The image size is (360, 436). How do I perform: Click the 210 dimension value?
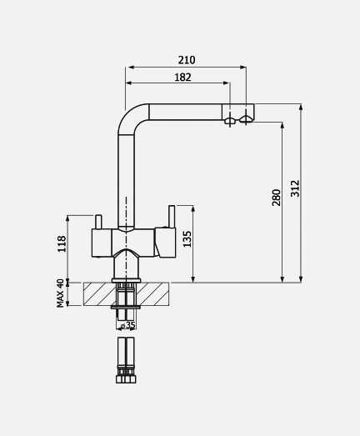[187, 60]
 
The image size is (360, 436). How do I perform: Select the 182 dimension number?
[182, 78]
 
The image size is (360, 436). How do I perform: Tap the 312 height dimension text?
[295, 188]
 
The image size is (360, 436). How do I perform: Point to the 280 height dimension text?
[277, 198]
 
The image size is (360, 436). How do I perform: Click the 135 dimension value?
[187, 239]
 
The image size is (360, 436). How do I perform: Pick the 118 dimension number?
[62, 244]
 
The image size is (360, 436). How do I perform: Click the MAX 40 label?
[60, 293]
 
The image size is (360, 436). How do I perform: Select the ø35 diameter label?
[128, 325]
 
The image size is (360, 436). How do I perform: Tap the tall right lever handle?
[172, 217]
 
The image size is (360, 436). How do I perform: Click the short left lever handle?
[98, 222]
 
